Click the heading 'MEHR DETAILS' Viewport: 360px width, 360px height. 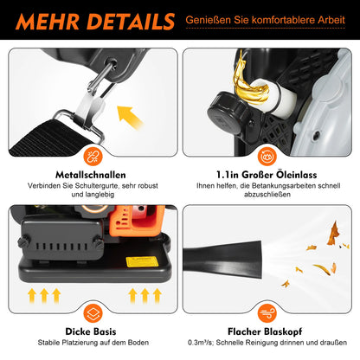[95, 22]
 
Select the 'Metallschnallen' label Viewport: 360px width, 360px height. [91, 175]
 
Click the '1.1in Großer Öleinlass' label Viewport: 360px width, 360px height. [267, 175]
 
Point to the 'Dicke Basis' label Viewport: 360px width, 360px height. [91, 331]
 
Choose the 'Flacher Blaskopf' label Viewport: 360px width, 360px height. [265, 331]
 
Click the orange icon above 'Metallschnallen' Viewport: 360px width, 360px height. [93, 156]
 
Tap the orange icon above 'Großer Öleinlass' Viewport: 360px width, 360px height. [267, 156]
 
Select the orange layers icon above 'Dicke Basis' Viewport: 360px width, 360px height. [93, 313]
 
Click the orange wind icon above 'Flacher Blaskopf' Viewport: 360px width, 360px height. [267, 313]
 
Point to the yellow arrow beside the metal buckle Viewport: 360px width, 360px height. [129, 116]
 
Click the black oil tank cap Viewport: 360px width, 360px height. [228, 111]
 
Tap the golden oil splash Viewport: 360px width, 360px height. [248, 80]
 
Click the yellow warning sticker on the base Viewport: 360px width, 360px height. [143, 261]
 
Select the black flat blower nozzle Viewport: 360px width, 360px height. [222, 260]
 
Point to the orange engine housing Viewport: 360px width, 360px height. [138, 223]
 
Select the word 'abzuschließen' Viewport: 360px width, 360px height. [267, 195]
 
